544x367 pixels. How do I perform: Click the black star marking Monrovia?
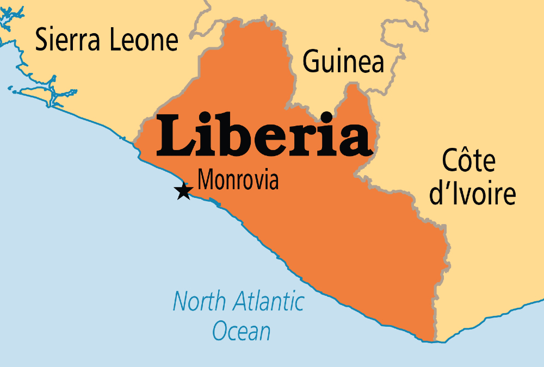tap(183, 191)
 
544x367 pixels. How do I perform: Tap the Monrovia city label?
tap(238, 179)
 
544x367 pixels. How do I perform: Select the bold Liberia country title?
tap(265, 134)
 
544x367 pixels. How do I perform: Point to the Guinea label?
tap(343, 61)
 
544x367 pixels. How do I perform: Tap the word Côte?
tap(468, 161)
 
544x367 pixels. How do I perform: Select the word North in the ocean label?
tap(196, 301)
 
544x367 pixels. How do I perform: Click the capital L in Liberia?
tap(175, 134)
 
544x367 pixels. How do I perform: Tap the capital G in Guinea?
tap(311, 61)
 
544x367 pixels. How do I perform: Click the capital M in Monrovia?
tap(206, 179)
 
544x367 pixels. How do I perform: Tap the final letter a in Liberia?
tap(354, 140)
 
